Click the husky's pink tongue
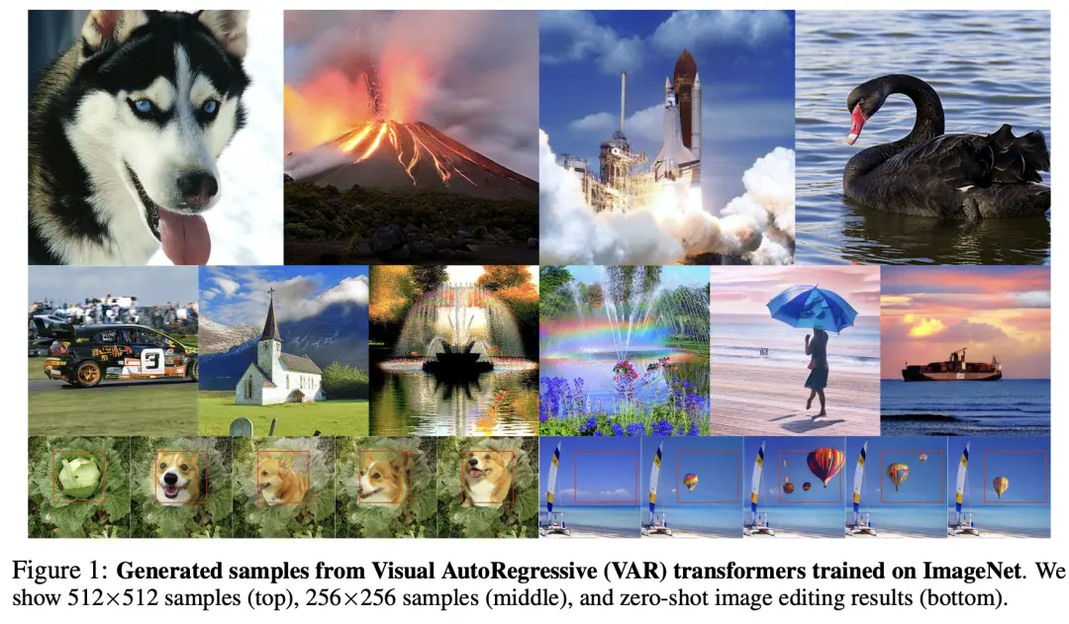184,235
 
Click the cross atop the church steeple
270,294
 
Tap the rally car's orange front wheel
86,373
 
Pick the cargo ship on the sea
952,367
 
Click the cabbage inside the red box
78,476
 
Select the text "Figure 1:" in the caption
60,571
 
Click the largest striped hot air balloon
826,465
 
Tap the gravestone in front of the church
241,427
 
